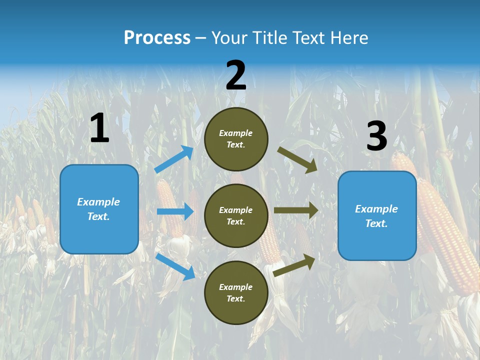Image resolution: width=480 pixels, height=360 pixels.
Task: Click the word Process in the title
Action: pyautogui.click(x=157, y=38)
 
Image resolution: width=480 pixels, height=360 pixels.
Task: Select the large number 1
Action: pyautogui.click(x=99, y=128)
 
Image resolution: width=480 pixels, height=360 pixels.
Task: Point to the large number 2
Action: pyautogui.click(x=236, y=76)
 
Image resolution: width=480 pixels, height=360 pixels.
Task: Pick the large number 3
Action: pyautogui.click(x=376, y=136)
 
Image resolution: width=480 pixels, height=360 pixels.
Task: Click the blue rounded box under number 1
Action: pyautogui.click(x=99, y=209)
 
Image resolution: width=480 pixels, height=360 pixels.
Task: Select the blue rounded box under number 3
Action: pyautogui.click(x=377, y=215)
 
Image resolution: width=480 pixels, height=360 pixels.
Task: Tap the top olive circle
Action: pyautogui.click(x=236, y=139)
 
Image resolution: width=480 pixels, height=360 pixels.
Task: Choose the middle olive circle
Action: pyautogui.click(x=236, y=215)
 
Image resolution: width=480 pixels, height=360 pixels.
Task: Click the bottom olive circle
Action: pyautogui.click(x=236, y=292)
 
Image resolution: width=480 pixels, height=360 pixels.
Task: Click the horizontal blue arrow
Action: pyautogui.click(x=175, y=211)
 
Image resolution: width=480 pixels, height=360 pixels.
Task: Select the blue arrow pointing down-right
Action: pyautogui.click(x=175, y=266)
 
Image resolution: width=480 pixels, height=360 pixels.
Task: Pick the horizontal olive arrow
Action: pyautogui.click(x=296, y=210)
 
